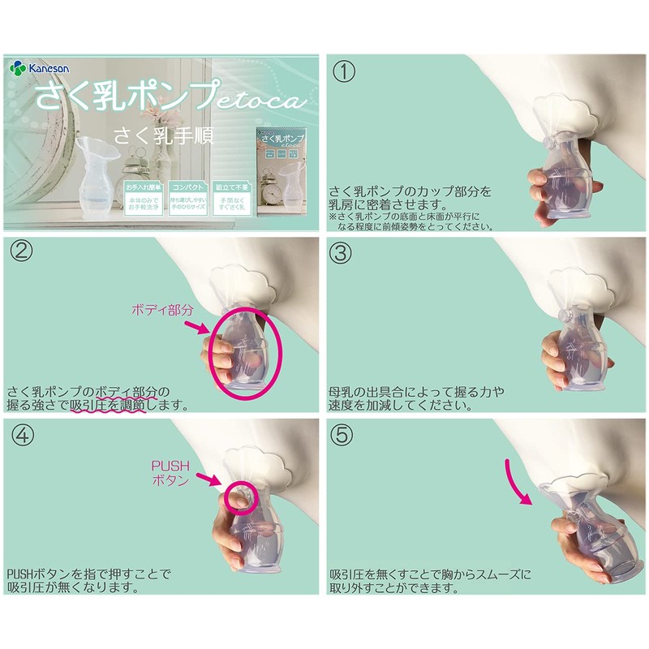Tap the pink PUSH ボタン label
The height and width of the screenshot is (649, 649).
(171, 473)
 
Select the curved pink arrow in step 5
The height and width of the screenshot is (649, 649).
(518, 480)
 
